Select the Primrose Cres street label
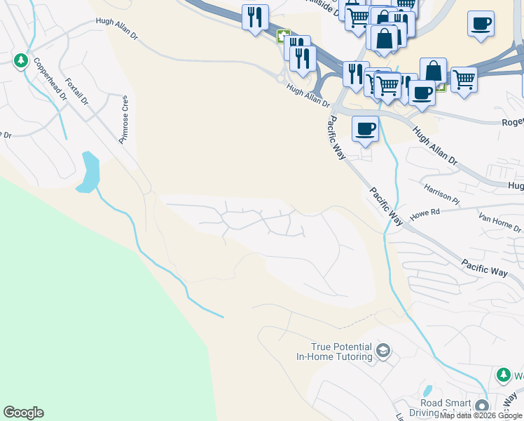coord(125,119)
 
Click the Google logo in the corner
coord(23,413)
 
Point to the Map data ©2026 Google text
coord(481,416)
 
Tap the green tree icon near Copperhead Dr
coord(21,61)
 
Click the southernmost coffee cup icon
coord(364,128)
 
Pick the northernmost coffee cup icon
coord(480,22)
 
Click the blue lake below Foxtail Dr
coord(89,172)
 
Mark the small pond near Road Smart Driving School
coord(427,390)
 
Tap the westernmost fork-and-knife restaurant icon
coord(254,16)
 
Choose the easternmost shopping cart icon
coord(464,79)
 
